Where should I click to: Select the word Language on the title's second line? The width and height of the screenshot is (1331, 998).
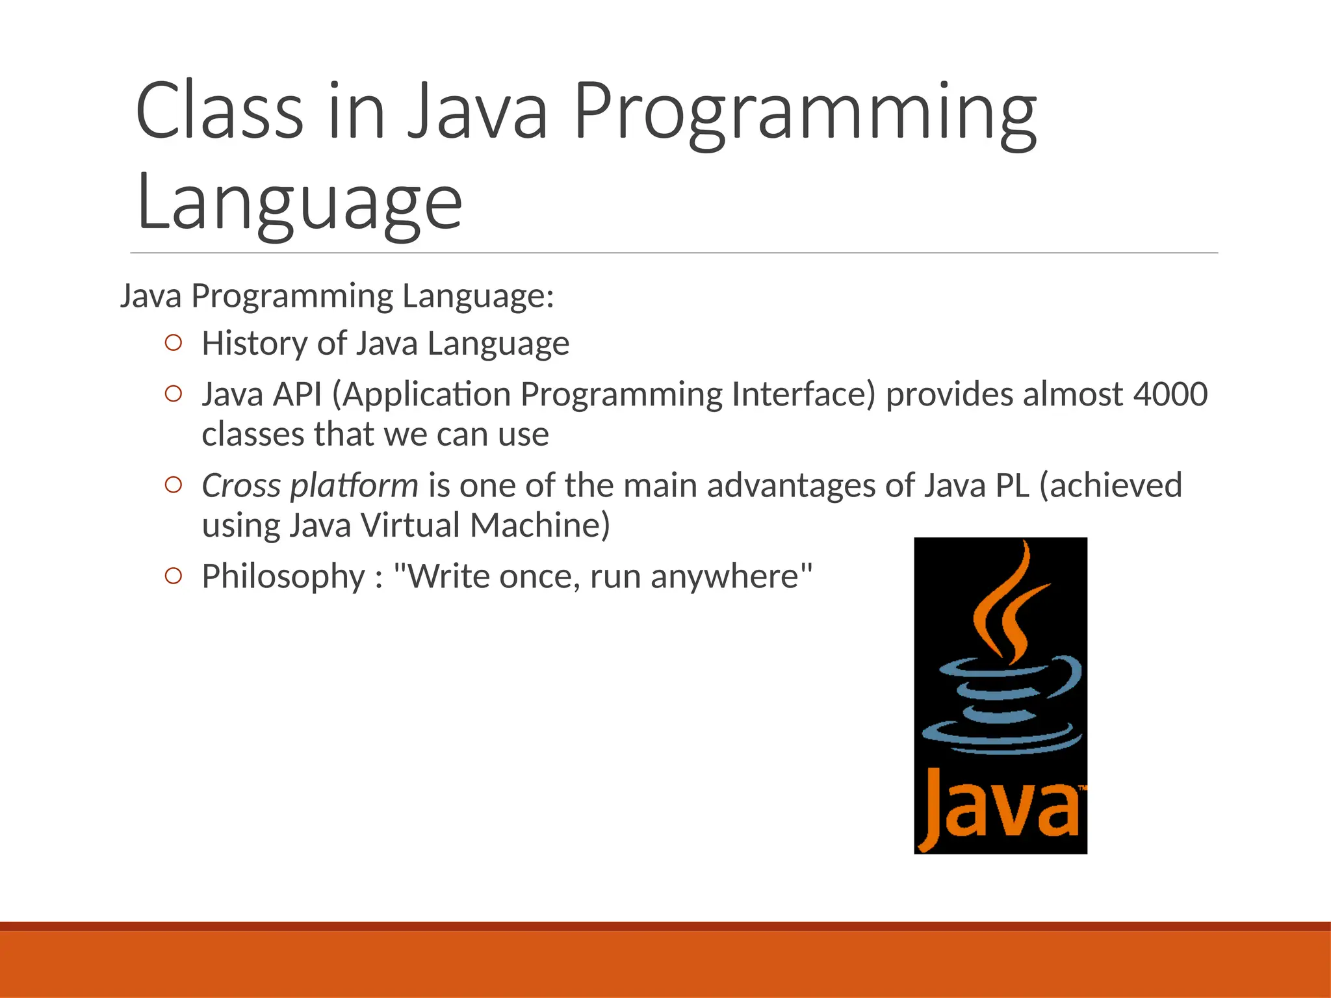coord(299,203)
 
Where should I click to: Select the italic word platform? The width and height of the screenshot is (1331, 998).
coord(354,487)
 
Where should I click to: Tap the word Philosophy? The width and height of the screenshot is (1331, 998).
coord(283,577)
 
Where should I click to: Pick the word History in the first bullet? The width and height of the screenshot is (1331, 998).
coord(254,343)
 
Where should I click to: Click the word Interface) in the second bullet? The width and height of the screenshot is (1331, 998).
coord(803,394)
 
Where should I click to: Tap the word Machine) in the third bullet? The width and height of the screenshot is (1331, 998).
coord(540,525)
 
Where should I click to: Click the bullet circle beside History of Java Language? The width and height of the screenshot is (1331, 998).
coord(173,342)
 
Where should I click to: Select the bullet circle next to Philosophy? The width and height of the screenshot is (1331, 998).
coord(173,576)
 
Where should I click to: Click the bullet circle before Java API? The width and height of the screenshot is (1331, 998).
coord(173,394)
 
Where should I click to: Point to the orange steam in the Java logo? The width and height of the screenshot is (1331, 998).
coord(1004,604)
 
